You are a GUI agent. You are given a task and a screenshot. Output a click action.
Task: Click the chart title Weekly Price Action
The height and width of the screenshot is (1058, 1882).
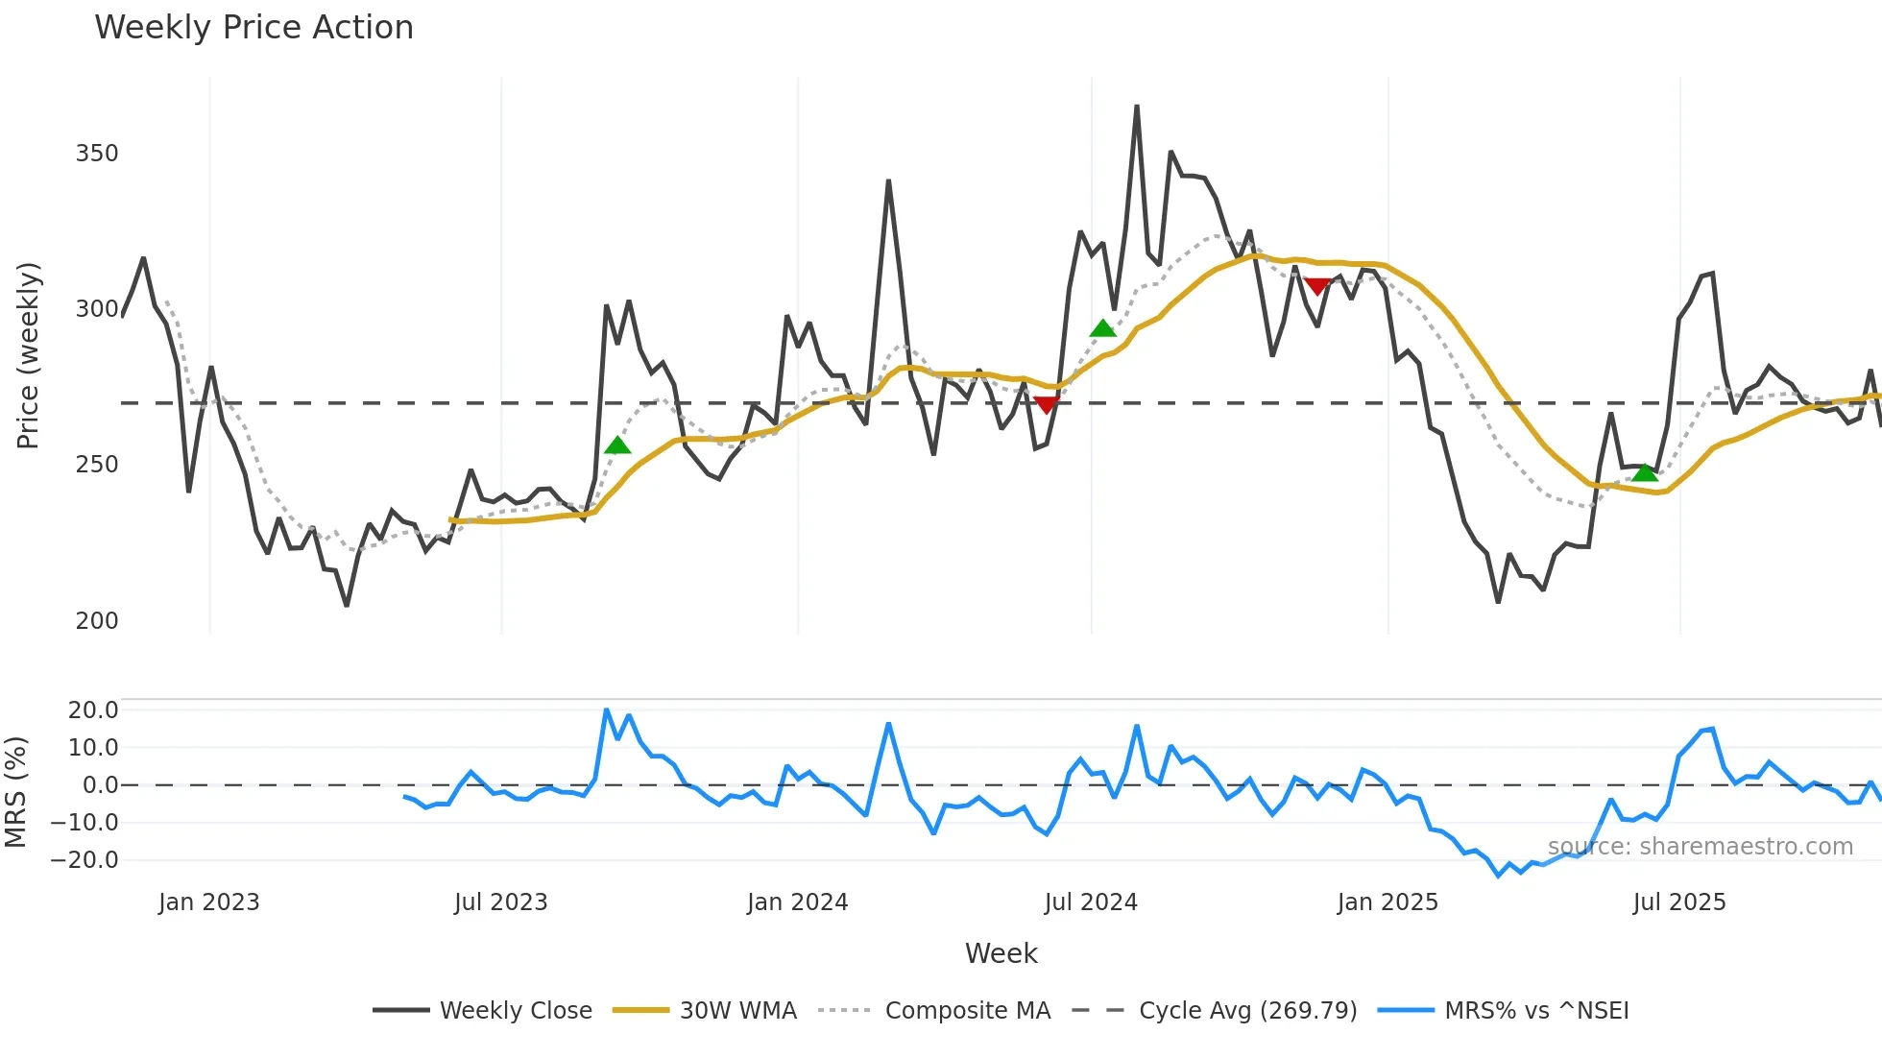pyautogui.click(x=253, y=28)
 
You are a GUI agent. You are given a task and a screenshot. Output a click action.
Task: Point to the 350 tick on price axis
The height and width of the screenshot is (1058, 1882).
pyautogui.click(x=97, y=154)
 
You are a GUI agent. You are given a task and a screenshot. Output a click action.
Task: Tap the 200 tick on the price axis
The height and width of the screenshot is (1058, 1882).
pyautogui.click(x=97, y=621)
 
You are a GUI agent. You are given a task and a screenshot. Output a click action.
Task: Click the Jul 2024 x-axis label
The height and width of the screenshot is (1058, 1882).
pyautogui.click(x=1091, y=902)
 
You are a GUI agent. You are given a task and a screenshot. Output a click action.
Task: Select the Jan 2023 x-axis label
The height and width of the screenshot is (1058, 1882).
pyautogui.click(x=209, y=902)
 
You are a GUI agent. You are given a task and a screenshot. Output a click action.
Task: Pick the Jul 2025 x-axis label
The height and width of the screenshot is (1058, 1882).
pyautogui.click(x=1679, y=902)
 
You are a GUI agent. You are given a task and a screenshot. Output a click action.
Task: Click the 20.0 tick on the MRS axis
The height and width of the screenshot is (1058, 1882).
pyautogui.click(x=93, y=710)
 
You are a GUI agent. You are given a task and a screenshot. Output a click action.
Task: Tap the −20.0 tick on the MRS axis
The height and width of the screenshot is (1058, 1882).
pyautogui.click(x=85, y=860)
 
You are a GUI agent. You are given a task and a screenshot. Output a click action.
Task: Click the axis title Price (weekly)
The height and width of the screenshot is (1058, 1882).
pyautogui.click(x=29, y=355)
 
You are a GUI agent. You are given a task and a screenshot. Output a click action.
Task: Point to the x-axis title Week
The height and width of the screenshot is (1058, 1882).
pyautogui.click(x=1001, y=953)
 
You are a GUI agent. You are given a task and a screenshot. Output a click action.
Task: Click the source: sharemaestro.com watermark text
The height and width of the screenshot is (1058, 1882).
pyautogui.click(x=1700, y=847)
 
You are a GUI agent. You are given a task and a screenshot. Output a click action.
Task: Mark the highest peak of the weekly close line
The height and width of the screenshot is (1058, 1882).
pyautogui.click(x=1137, y=107)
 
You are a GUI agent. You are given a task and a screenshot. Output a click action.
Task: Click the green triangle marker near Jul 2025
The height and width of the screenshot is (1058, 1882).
pyautogui.click(x=1645, y=472)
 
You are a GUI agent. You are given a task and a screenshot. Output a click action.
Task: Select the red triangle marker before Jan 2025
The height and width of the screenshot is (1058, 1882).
pyautogui.click(x=1317, y=286)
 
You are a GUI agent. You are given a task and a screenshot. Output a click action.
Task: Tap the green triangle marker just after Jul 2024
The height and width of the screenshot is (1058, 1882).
pyautogui.click(x=1103, y=328)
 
